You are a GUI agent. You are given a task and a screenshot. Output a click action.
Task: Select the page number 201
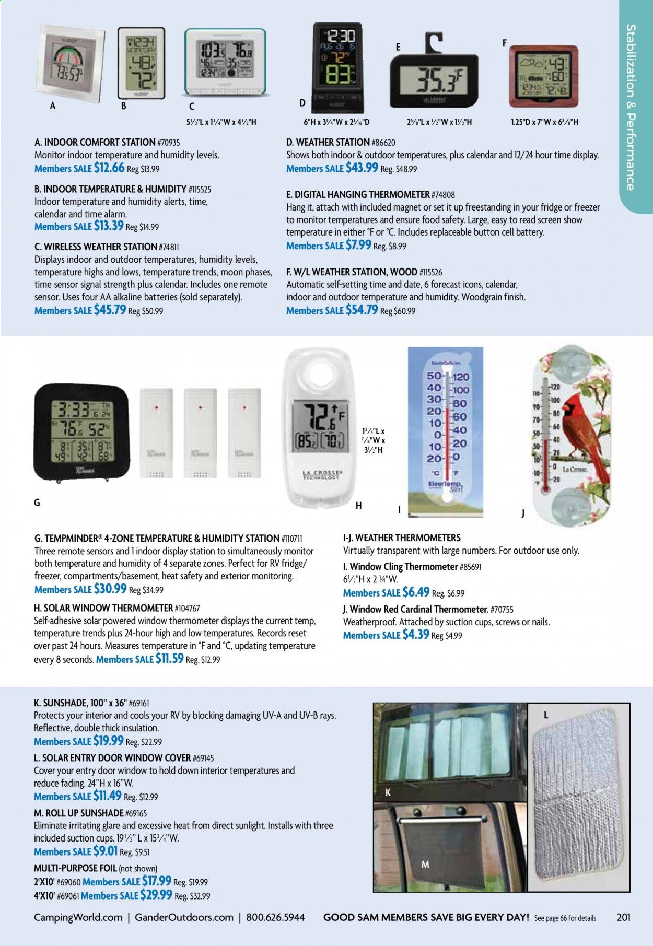(x=623, y=917)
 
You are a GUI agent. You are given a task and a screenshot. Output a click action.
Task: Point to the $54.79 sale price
(x=362, y=310)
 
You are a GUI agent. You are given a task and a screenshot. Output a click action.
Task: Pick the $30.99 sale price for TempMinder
(x=110, y=589)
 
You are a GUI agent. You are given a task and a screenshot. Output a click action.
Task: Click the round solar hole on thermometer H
(x=319, y=375)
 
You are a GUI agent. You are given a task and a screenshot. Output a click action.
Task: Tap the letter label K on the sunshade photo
(x=388, y=792)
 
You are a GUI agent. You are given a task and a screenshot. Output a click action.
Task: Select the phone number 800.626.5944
(x=275, y=917)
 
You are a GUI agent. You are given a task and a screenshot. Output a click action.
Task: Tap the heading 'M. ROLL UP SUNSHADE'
(x=78, y=813)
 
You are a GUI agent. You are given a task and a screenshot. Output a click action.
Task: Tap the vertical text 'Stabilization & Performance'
(x=631, y=107)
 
